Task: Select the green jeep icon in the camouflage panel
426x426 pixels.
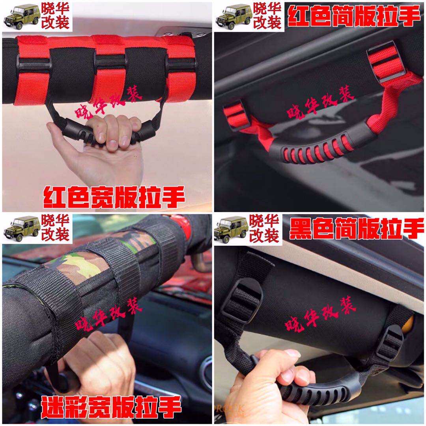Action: (22, 229)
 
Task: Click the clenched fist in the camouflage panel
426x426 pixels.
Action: (95, 363)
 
